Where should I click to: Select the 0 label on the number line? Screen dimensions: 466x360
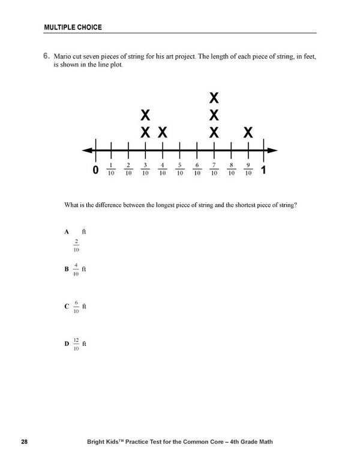(96, 171)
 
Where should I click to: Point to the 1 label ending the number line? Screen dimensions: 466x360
(264, 171)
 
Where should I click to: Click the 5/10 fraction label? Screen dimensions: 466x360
(179, 170)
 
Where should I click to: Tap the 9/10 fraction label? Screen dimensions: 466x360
(248, 170)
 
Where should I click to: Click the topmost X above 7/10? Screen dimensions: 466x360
(214, 97)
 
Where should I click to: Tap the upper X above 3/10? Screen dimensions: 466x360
(145, 115)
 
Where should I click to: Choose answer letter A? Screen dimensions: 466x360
(66, 231)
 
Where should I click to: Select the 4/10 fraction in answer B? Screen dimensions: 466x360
(76, 270)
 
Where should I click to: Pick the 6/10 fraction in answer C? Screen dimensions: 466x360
(76, 307)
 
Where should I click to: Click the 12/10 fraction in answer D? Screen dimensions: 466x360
(76, 344)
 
